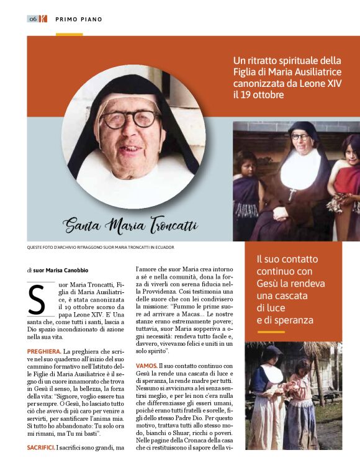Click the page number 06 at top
(32, 19)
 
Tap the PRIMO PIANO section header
(79, 19)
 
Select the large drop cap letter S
(37, 300)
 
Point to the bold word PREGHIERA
(44, 352)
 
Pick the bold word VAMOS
(145, 366)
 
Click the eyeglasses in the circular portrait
(129, 119)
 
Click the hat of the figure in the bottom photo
(271, 352)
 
